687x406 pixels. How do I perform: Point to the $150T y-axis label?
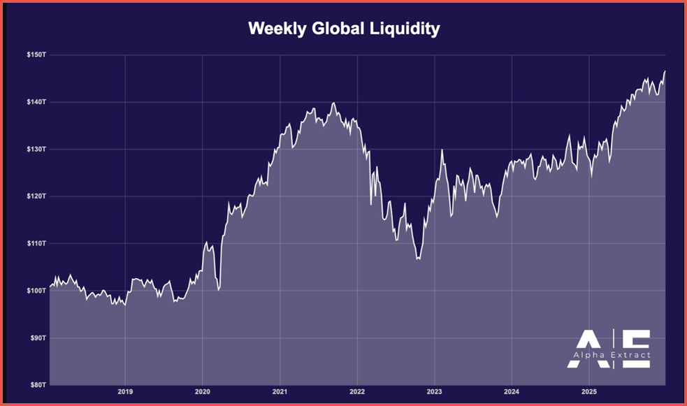35,55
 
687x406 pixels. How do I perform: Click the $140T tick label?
35,102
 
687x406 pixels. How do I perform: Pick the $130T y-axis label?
35,149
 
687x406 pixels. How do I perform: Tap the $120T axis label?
35,196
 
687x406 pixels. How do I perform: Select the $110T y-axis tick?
35,243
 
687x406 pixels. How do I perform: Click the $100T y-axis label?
35,291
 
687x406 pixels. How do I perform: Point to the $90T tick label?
36,338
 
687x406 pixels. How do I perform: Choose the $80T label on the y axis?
36,385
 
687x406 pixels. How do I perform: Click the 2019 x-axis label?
125,392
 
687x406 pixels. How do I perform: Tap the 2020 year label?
202,392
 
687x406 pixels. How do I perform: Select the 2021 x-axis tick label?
280,392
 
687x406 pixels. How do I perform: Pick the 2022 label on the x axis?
357,392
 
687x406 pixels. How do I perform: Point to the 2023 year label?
435,392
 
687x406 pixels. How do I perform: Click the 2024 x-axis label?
512,392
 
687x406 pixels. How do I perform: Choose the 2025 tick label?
589,392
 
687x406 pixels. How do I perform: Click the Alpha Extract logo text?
613,355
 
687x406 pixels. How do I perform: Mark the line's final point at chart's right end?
665,71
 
